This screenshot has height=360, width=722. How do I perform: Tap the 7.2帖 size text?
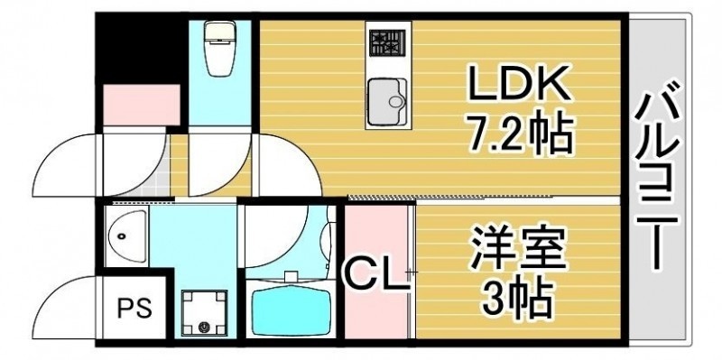tap(521, 134)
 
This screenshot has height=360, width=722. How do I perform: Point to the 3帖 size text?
tap(516, 299)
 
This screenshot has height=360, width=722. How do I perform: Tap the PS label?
tap(134, 309)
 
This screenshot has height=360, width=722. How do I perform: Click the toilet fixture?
tap(220, 49)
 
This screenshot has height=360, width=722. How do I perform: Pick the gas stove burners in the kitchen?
tap(387, 43)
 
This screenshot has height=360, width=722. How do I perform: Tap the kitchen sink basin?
tap(387, 101)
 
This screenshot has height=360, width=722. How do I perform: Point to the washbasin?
tap(126, 236)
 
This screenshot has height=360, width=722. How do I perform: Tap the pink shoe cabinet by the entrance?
tap(141, 105)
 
